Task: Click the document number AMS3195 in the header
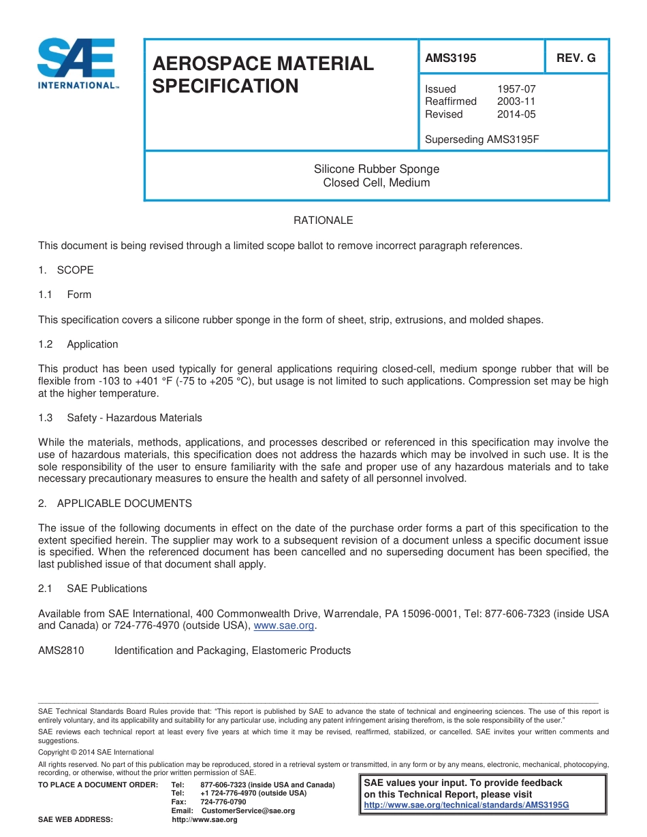450,59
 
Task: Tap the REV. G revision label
575,59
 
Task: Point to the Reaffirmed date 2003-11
516,101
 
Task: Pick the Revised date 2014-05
516,114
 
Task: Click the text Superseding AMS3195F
482,139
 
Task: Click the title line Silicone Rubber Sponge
376,169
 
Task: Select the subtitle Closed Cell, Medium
376,182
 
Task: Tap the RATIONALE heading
323,220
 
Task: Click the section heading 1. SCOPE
66,270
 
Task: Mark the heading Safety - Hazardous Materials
134,418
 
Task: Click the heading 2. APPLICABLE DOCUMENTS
115,504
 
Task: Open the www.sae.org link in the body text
284,626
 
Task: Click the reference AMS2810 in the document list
61,651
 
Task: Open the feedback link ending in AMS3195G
467,805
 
